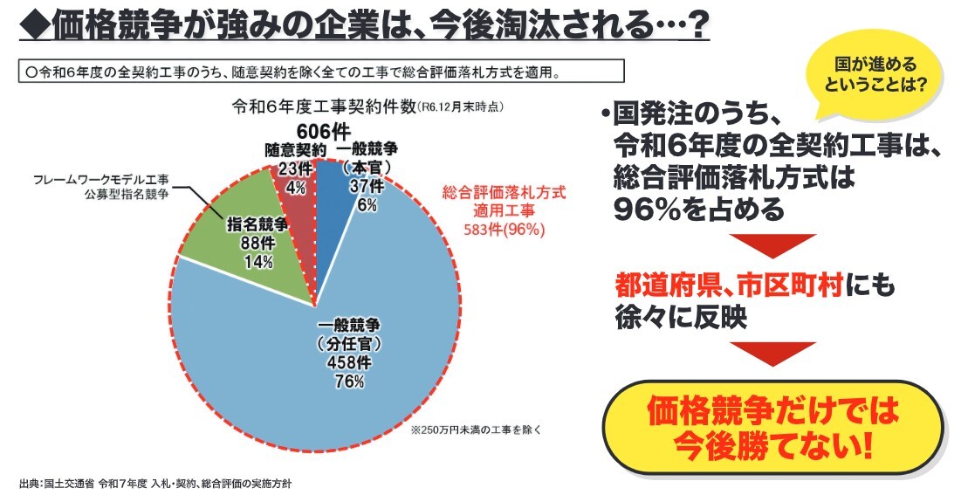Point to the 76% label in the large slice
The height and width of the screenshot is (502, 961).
(347, 382)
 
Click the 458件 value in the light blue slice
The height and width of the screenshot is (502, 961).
(347, 361)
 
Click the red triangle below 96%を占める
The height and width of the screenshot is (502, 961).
(772, 246)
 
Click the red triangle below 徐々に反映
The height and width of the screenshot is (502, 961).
(772, 353)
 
